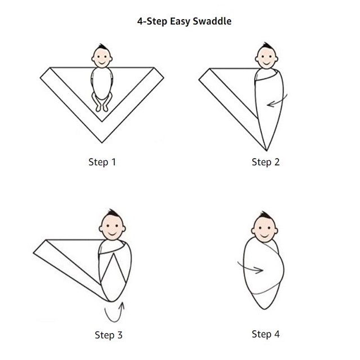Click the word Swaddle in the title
click(212, 21)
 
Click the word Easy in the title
click(180, 22)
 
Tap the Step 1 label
click(102, 162)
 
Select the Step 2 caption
click(265, 162)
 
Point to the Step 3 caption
click(109, 335)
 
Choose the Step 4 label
click(265, 334)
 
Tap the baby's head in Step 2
click(266, 56)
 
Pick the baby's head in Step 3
click(112, 224)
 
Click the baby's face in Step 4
click(264, 230)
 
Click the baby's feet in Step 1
click(102, 108)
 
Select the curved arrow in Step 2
click(277, 101)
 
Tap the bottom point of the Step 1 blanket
click(102, 142)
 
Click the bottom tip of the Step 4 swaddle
click(264, 309)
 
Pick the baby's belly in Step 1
click(102, 83)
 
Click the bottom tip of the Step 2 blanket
click(266, 150)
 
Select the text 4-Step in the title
click(152, 22)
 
